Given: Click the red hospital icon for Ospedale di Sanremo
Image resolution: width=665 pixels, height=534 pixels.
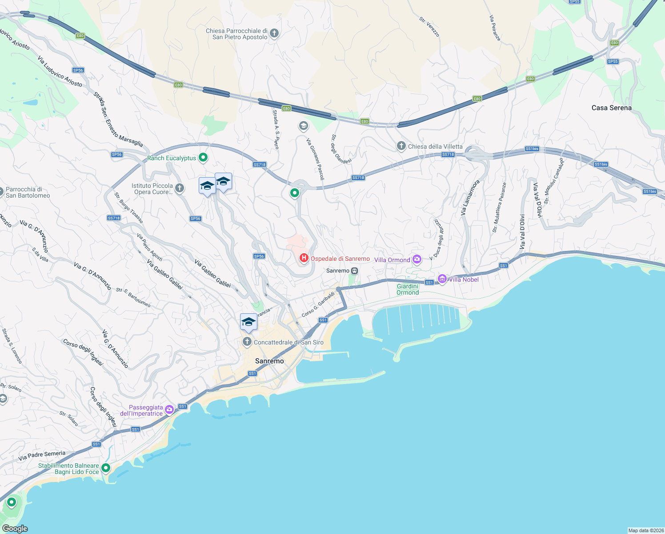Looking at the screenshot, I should (x=304, y=258).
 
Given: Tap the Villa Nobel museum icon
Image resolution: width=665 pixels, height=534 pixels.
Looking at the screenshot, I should (x=442, y=279).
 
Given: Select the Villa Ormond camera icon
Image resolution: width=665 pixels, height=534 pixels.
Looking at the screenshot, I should (x=417, y=259).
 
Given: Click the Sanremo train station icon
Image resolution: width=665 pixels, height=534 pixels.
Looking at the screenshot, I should (x=355, y=271).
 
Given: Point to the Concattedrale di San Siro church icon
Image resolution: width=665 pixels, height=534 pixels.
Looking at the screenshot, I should (x=247, y=342).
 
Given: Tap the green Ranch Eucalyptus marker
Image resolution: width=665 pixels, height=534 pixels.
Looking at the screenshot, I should (x=203, y=157).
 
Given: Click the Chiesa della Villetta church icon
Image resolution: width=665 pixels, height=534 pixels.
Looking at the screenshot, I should (x=401, y=146).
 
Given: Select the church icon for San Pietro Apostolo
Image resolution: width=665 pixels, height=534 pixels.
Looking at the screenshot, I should (x=274, y=33).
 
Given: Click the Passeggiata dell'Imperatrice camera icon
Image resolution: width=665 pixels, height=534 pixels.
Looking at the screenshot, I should (x=169, y=409).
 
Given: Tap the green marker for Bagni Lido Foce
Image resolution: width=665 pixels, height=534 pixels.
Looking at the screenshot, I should (x=106, y=468).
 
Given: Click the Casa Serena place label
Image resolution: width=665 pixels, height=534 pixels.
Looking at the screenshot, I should (x=611, y=108).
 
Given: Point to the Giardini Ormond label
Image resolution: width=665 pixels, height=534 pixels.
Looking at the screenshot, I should (x=408, y=289).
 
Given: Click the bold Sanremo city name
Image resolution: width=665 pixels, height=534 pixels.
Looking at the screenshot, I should (x=269, y=361).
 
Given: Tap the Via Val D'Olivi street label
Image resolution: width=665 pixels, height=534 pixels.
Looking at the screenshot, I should (x=523, y=232).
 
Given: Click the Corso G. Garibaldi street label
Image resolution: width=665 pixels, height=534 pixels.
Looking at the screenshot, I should (x=318, y=305).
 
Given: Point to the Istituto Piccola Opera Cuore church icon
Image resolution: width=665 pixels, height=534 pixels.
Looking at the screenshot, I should (x=180, y=188).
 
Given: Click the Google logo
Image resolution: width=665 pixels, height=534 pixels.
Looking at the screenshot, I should (x=15, y=528).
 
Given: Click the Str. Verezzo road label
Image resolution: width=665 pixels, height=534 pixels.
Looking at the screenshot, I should (x=429, y=27).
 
